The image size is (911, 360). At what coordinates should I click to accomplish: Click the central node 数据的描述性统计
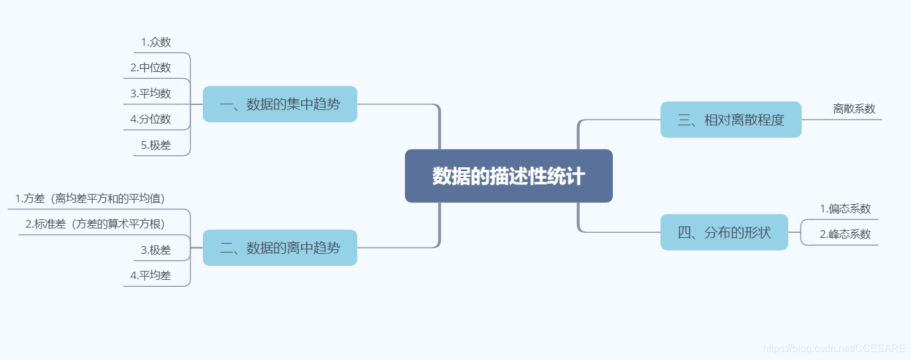[509, 176]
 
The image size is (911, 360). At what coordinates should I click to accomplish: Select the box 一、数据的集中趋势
[280, 104]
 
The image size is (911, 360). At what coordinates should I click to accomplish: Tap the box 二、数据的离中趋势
[280, 248]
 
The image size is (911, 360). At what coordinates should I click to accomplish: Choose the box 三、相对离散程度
[730, 120]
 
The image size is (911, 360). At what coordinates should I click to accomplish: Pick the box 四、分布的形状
[724, 232]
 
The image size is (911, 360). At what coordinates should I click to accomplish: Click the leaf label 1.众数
[156, 43]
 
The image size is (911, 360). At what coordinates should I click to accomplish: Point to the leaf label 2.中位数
[151, 68]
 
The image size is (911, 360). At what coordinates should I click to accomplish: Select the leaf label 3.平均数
[151, 93]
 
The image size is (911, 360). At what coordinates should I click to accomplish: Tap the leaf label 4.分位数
[151, 119]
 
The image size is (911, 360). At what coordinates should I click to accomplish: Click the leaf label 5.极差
[156, 145]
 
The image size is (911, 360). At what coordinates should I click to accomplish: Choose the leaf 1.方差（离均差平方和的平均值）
[90, 198]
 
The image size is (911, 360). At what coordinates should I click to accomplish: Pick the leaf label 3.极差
[156, 250]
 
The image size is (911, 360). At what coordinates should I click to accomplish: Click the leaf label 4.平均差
[151, 275]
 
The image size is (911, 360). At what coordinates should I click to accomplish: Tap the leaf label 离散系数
[854, 109]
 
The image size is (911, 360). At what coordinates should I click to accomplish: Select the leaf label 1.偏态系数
[845, 209]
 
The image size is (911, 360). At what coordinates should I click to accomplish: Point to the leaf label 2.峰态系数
[845, 234]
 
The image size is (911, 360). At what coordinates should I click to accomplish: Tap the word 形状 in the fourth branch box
[757, 232]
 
